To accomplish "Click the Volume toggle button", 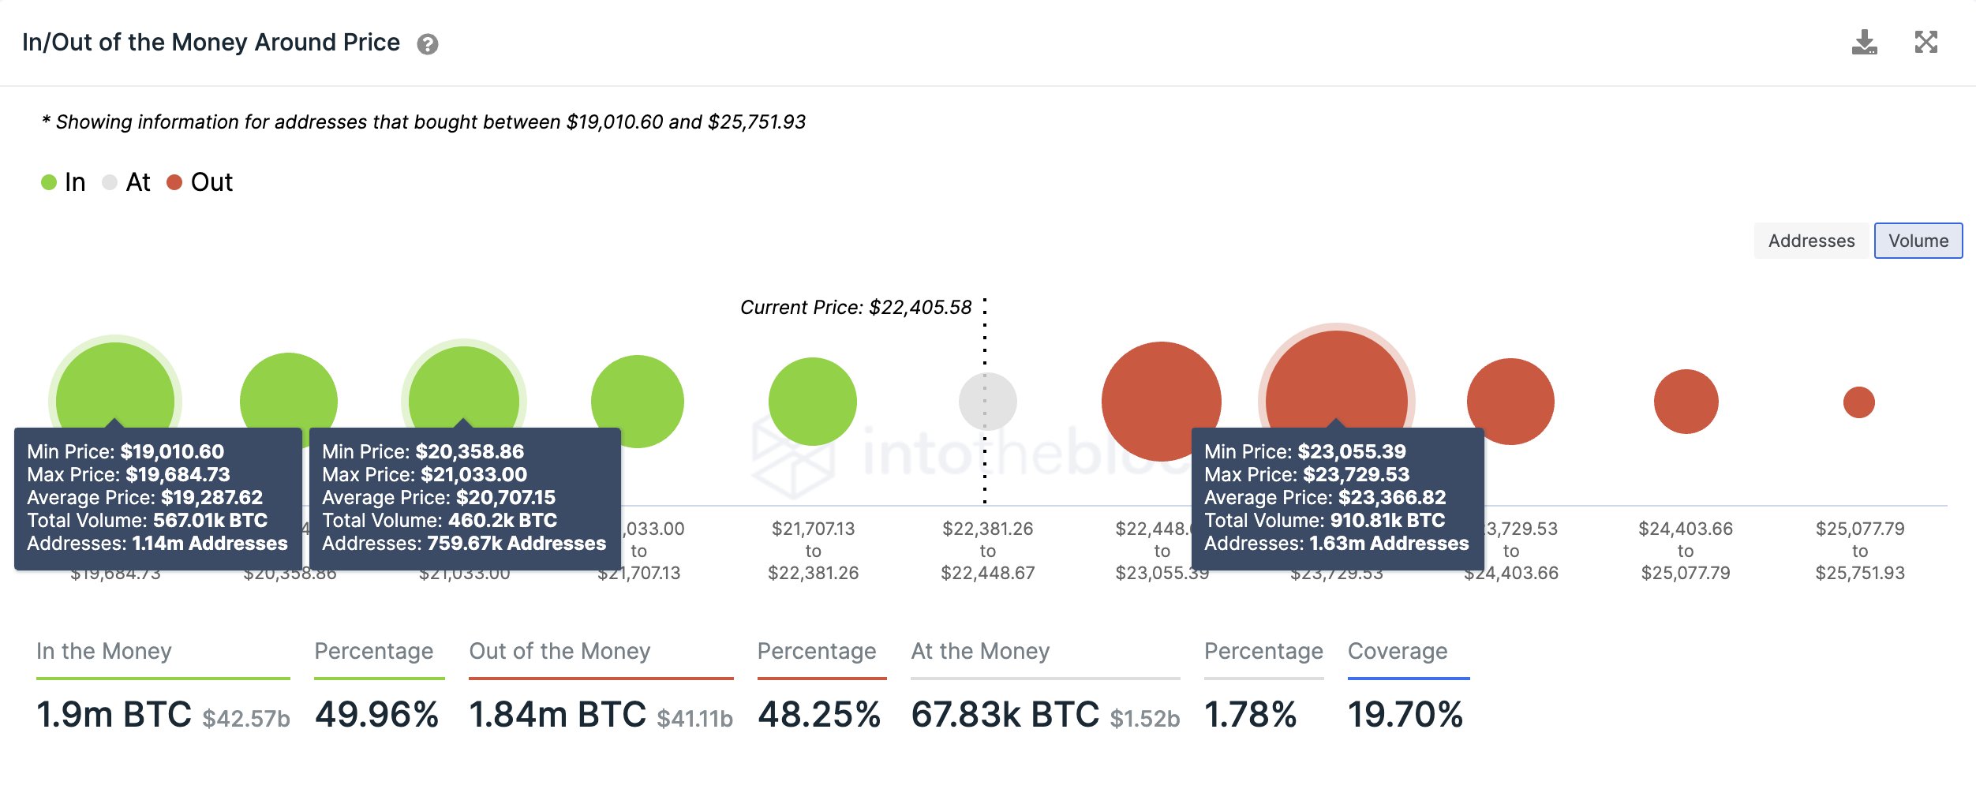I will click(x=1918, y=241).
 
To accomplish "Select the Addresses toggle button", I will click(x=1811, y=241).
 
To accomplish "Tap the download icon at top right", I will click(x=1864, y=43).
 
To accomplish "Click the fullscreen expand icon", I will click(x=1925, y=42).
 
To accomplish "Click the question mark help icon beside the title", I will click(x=428, y=44).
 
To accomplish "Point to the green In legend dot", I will click(x=49, y=182).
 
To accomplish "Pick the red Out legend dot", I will click(x=174, y=182).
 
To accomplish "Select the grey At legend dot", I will click(x=110, y=182).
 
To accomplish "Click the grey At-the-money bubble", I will click(x=987, y=402).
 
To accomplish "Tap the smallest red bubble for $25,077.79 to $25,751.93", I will click(x=1858, y=402).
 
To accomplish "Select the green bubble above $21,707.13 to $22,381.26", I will click(x=812, y=402).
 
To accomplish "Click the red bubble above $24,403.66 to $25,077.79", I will click(x=1686, y=402).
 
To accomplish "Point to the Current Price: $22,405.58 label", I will click(x=855, y=307).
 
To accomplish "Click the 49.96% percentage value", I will click(x=376, y=715).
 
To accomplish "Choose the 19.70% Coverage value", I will click(x=1405, y=715).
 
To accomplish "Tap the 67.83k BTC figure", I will click(x=1005, y=715).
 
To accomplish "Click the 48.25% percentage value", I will click(x=819, y=715).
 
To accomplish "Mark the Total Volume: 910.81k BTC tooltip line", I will click(x=1324, y=521).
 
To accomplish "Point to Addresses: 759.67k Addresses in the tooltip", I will click(x=464, y=544).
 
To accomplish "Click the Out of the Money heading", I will click(x=559, y=651).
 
